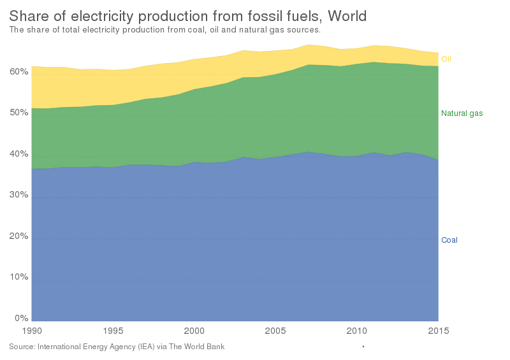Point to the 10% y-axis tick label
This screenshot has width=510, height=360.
(x=20, y=277)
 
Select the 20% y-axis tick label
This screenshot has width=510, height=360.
(x=20, y=236)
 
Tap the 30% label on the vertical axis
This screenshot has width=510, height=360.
(x=20, y=195)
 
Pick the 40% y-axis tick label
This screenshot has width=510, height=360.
(x=20, y=154)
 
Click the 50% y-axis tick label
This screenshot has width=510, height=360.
(x=20, y=113)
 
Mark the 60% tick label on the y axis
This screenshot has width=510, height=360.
(x=20, y=72)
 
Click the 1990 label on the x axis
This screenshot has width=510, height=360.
(x=31, y=331)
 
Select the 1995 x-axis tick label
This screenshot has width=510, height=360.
(x=113, y=331)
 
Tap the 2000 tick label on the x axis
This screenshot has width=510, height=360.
(x=194, y=331)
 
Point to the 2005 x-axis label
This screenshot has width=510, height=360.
(x=275, y=331)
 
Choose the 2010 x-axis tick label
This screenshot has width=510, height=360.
(x=357, y=331)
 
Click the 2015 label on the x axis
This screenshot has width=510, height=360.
(x=437, y=331)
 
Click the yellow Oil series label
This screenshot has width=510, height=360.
(x=446, y=59)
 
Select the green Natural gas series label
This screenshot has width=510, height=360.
(x=462, y=113)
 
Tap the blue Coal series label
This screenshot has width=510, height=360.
(x=449, y=240)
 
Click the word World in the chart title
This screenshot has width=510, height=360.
(x=347, y=15)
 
